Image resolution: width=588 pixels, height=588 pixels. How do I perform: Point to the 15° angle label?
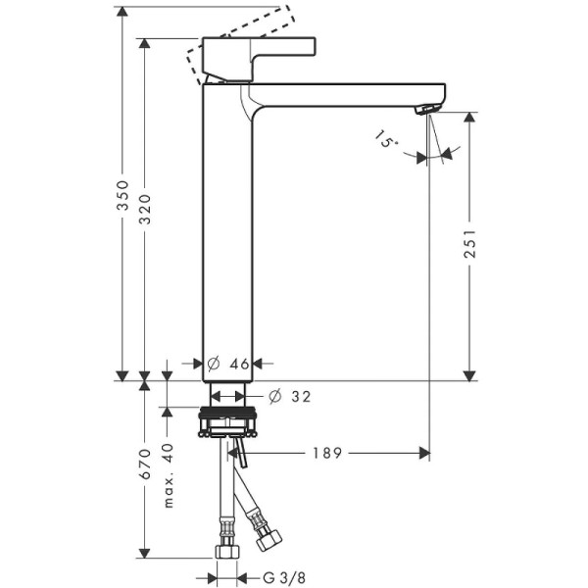[386, 141]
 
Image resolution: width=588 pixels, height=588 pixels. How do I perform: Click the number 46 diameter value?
[240, 364]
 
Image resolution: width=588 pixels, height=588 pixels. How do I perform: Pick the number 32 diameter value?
[300, 396]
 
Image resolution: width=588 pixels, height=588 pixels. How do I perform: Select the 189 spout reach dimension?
[328, 453]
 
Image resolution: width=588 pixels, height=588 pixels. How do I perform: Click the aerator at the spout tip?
[427, 109]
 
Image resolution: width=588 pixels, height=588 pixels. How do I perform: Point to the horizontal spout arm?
[343, 95]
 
